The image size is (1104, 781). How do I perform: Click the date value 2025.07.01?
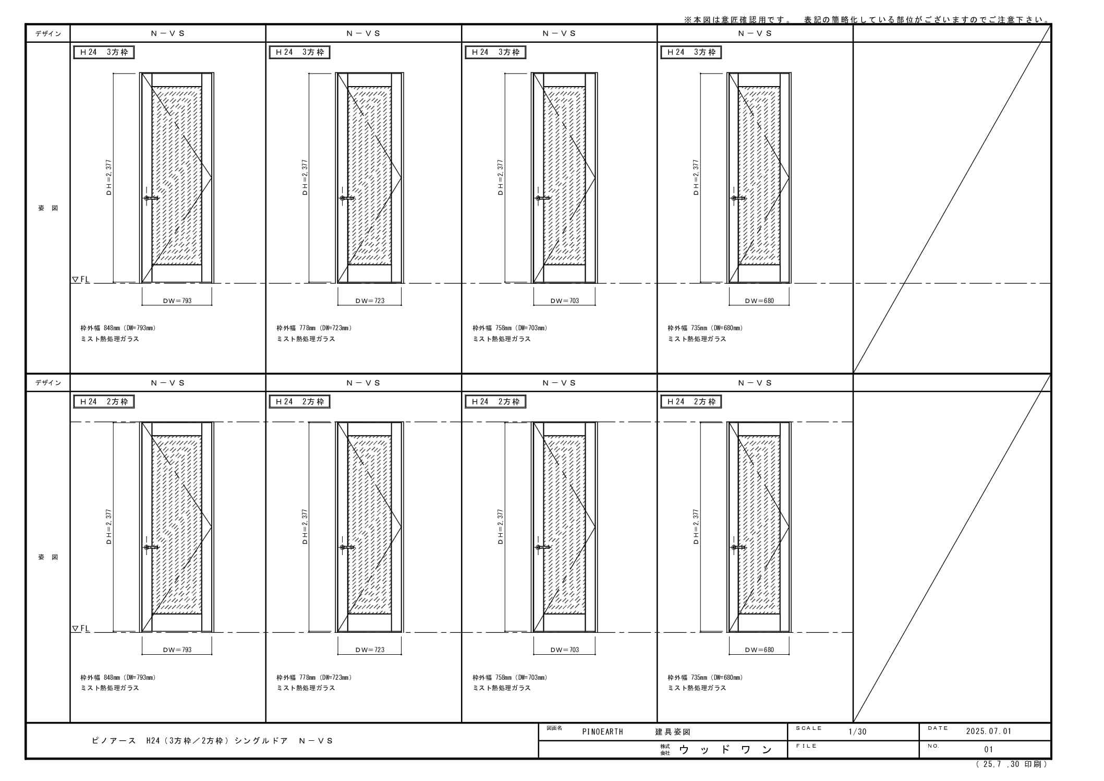click(988, 731)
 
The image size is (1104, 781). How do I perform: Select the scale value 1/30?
click(857, 731)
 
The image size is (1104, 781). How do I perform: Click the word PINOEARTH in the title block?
click(602, 732)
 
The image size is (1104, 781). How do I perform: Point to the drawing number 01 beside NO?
click(989, 750)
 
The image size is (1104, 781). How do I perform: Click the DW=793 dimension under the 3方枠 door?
click(177, 301)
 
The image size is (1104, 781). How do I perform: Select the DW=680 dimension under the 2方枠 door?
click(759, 650)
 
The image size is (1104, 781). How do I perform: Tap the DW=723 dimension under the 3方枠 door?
click(370, 301)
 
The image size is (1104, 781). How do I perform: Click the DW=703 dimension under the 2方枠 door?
click(565, 650)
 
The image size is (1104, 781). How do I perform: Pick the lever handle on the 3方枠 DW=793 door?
click(151, 198)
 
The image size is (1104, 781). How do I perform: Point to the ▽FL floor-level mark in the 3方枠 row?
click(81, 280)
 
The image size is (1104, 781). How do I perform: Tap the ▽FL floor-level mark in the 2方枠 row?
click(81, 629)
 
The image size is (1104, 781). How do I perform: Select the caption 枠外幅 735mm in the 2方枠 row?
click(687, 678)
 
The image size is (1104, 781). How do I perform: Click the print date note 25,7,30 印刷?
click(1012, 764)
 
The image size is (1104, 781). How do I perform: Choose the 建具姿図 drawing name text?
click(673, 732)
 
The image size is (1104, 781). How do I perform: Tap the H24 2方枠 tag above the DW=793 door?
click(104, 402)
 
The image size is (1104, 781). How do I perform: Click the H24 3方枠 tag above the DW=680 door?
click(691, 52)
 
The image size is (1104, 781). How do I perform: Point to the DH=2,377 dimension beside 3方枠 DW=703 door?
click(501, 177)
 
